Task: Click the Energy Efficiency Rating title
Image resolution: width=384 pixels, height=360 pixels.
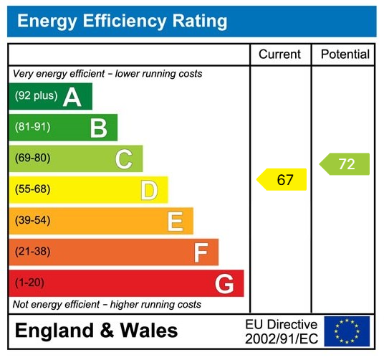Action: [122, 22]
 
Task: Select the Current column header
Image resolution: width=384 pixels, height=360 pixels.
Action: [279, 55]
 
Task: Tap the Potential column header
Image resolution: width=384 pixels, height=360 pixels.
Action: [345, 55]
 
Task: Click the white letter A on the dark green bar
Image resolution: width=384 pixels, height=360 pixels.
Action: [72, 97]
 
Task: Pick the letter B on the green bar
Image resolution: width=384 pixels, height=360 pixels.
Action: [98, 128]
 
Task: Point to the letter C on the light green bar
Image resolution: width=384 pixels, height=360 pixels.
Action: [124, 159]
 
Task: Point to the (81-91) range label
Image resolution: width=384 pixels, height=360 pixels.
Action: [32, 127]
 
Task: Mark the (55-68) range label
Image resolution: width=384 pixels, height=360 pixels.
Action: [32, 189]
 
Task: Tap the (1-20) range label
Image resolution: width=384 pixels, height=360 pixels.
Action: [30, 283]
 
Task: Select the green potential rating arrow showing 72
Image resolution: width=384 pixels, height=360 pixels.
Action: [345, 164]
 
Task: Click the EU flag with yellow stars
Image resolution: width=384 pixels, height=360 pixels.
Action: [347, 331]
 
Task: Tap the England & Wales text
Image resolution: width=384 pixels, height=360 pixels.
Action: [96, 331]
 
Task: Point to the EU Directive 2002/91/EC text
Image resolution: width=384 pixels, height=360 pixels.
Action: [281, 331]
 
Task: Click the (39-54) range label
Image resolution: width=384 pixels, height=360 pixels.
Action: [32, 220]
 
